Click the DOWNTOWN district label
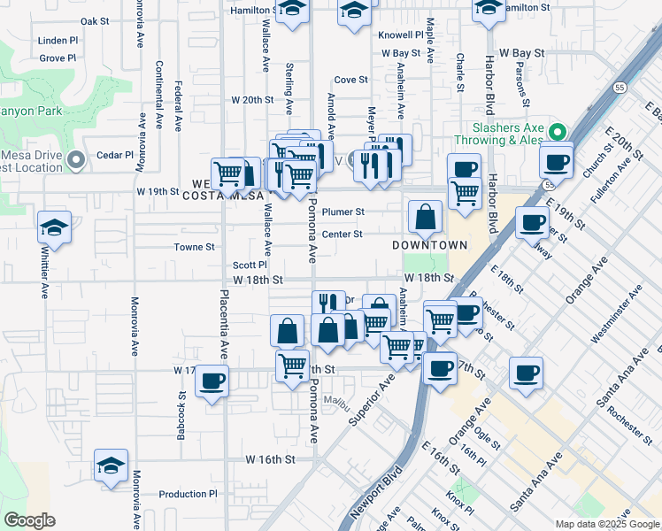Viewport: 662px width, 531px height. point(431,244)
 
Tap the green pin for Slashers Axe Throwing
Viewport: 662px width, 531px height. point(557,132)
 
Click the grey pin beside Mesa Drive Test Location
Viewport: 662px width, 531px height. point(76,159)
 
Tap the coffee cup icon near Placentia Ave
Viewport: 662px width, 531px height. point(212,381)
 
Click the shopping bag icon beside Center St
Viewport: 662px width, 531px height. point(426,216)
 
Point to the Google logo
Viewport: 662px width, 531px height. point(29,520)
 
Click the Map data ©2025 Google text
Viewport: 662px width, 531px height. point(606,524)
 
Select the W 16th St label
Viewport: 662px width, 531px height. point(270,459)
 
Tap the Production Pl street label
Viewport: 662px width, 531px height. point(189,494)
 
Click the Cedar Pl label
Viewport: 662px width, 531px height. point(115,154)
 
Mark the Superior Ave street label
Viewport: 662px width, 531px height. point(370,399)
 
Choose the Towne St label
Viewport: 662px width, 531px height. point(194,247)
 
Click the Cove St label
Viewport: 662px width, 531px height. point(350,80)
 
